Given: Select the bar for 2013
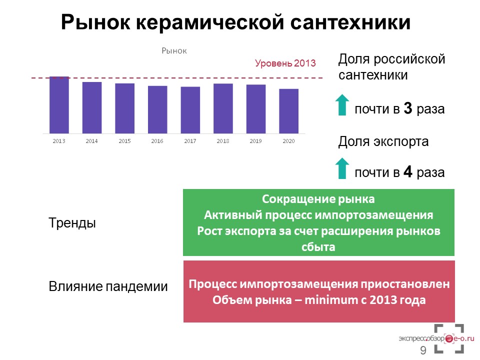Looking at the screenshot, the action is (x=59, y=105).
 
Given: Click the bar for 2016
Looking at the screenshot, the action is (x=157, y=109).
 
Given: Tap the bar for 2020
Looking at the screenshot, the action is (x=288, y=111).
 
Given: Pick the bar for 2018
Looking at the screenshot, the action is (x=223, y=108).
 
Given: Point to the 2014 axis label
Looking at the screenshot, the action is (x=91, y=141).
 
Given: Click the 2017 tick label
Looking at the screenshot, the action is (x=190, y=141).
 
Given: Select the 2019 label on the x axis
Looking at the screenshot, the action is (x=255, y=141).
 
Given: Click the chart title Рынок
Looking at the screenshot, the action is (x=174, y=51).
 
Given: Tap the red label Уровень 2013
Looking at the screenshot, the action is (x=285, y=63).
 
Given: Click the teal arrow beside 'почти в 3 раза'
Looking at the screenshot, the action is (x=342, y=104).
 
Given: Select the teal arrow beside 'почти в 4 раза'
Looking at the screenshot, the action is (x=342, y=168).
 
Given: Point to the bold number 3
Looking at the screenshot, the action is (x=408, y=108).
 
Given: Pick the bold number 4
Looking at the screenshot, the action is (x=408, y=171).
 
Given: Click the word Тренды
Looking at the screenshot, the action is (x=72, y=223).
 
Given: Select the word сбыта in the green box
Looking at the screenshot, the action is (x=318, y=247).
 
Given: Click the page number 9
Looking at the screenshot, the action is (x=423, y=350).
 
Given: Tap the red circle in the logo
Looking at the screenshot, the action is (x=449, y=338).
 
